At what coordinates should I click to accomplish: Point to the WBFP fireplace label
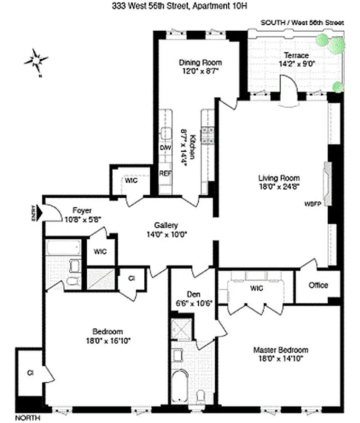click(x=312, y=203)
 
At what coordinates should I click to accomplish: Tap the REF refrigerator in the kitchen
click(x=165, y=173)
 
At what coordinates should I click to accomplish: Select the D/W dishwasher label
click(x=165, y=148)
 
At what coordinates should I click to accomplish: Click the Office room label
click(x=319, y=285)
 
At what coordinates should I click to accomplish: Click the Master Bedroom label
click(x=280, y=350)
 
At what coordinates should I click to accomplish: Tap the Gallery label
click(x=166, y=224)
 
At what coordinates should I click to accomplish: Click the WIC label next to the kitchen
click(x=131, y=180)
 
